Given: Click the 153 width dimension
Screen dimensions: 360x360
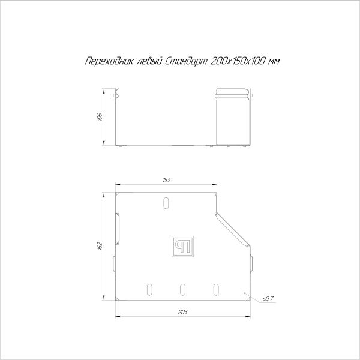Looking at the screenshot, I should [166, 179].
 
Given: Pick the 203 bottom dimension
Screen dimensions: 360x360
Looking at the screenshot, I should [183, 312].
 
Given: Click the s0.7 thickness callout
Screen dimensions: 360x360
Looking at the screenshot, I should [268, 298].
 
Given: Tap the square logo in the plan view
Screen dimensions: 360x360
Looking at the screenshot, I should [183, 246].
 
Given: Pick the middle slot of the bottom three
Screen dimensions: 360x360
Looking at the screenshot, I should [182, 290].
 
